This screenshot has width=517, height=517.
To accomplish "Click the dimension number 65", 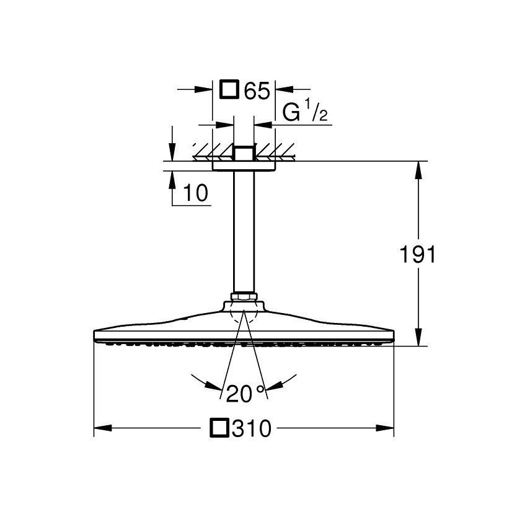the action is tap(257, 90).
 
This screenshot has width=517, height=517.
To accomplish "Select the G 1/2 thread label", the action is tap(304, 111).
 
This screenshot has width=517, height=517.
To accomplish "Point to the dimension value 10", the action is tap(196, 193).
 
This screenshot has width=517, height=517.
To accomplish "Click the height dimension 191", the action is tap(418, 254).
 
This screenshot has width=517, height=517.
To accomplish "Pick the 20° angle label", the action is tap(245, 393).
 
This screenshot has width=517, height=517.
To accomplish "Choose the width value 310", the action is tap(252, 428).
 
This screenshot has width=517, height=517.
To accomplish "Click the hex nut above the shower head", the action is tap(244, 296).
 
